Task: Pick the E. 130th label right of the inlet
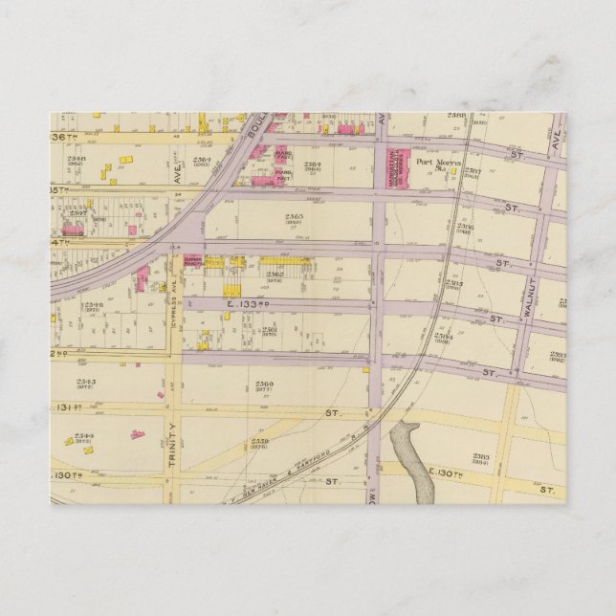[x=446, y=473]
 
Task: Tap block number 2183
[x=480, y=457]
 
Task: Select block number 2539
[x=259, y=442]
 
